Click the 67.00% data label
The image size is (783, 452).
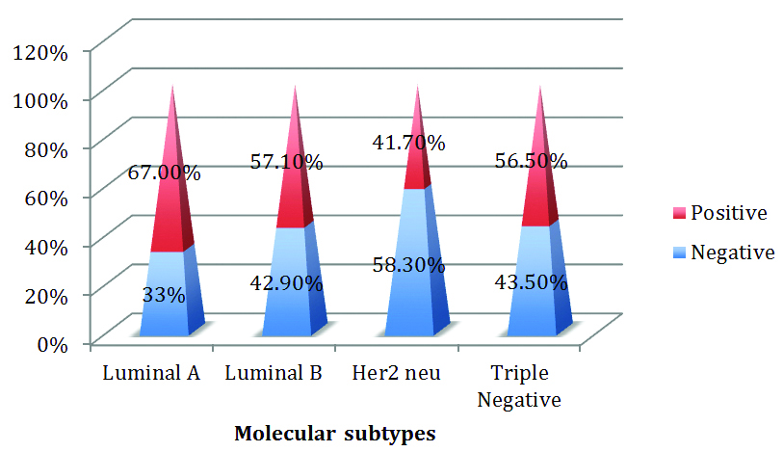point(164,173)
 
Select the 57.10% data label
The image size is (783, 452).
point(286,162)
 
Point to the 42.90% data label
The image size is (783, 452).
point(286,287)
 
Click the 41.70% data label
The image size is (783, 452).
point(408,144)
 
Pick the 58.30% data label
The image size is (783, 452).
point(408,263)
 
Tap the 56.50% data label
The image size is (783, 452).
point(531,162)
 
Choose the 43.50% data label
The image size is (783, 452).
point(531,287)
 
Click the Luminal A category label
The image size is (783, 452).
point(151,372)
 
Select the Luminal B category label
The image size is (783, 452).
point(274,372)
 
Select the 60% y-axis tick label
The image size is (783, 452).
point(45,197)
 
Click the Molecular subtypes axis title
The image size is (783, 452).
point(335,434)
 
